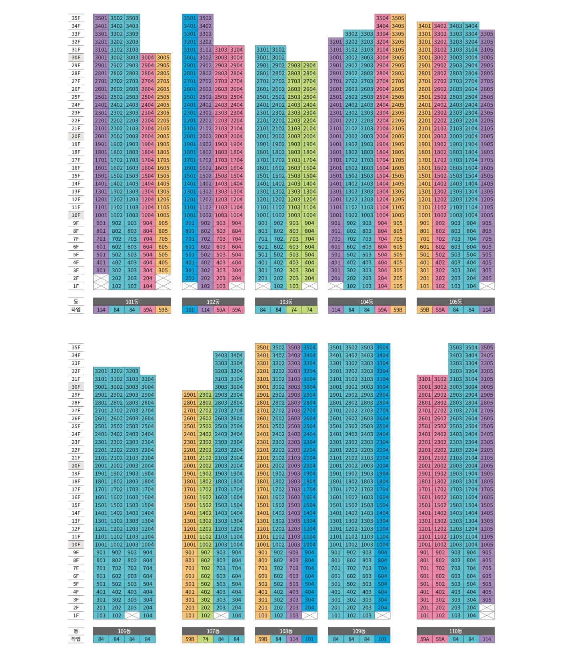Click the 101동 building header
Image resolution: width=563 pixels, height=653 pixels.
click(x=132, y=302)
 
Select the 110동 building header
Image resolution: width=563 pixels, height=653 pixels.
click(x=455, y=631)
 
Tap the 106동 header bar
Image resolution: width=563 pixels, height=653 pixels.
click(x=124, y=631)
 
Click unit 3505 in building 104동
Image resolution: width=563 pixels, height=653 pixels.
click(x=398, y=18)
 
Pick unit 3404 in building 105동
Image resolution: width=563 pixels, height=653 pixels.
click(x=471, y=26)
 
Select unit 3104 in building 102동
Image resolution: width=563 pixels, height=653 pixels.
click(x=236, y=50)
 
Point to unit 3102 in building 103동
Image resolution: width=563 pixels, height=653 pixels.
click(x=278, y=50)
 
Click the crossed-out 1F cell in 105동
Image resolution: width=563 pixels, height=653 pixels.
click(x=487, y=286)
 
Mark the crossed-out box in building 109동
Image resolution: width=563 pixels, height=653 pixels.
click(x=382, y=616)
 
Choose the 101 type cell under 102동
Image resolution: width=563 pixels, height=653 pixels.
click(x=190, y=310)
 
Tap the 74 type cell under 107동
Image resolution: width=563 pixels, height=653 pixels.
click(x=205, y=639)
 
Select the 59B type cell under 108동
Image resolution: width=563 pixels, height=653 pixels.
click(x=263, y=639)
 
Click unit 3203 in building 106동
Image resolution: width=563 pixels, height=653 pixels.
click(x=132, y=371)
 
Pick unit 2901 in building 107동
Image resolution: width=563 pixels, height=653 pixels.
click(x=190, y=395)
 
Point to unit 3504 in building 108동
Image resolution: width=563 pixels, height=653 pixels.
click(x=309, y=347)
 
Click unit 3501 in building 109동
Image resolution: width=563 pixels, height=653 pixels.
click(x=335, y=347)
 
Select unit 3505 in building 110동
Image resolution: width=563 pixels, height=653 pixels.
click(x=487, y=347)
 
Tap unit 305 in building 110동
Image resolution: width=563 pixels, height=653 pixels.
click(x=487, y=600)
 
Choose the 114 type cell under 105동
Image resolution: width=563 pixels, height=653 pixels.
click(x=487, y=310)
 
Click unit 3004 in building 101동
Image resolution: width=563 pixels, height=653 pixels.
click(x=148, y=58)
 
